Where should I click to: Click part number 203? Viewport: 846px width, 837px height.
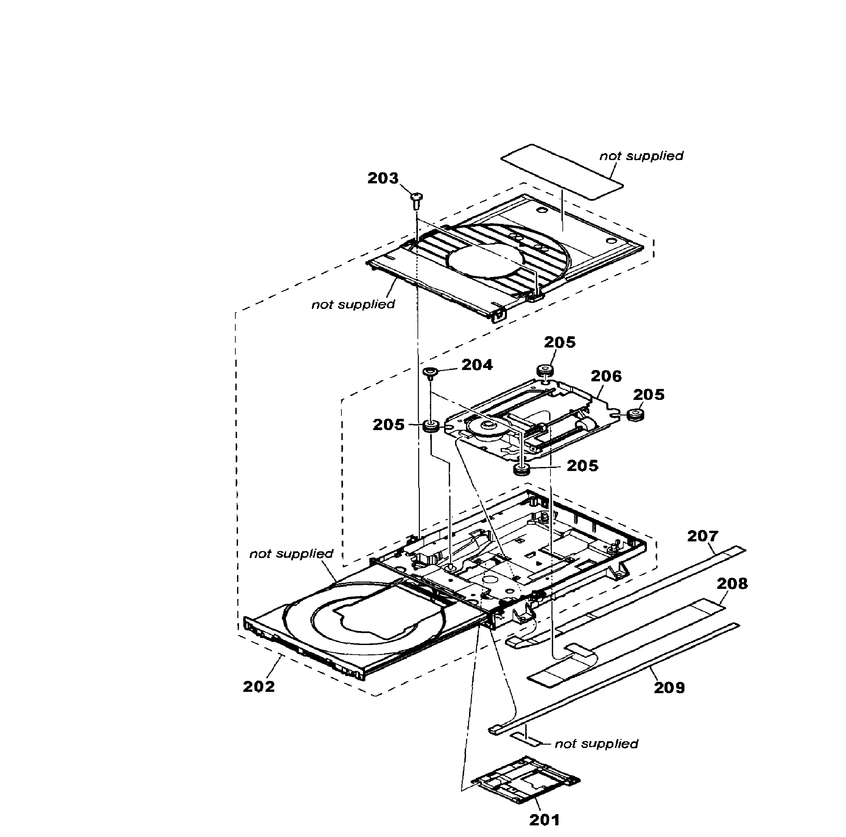[382, 178]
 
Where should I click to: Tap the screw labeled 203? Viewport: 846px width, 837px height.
[416, 200]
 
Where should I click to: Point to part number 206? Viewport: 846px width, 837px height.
[606, 376]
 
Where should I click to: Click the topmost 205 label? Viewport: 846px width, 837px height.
[559, 342]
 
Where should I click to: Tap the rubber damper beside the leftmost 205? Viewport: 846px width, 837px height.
[431, 426]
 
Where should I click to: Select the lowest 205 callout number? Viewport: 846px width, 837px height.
[582, 466]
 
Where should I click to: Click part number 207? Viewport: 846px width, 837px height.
[702, 536]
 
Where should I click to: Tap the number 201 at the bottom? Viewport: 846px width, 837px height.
[544, 819]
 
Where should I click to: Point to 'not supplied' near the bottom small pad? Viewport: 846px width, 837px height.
[596, 743]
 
